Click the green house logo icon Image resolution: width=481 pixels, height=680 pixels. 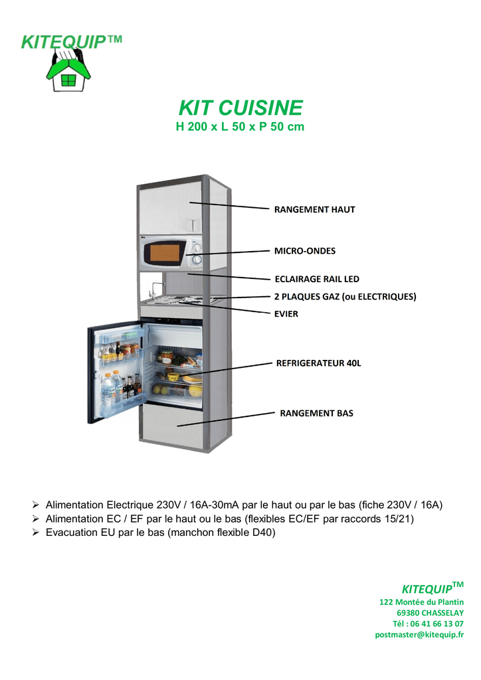(68, 70)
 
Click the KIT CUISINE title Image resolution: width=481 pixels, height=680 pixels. (241, 108)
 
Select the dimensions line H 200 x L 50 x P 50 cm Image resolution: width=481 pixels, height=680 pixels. (240, 127)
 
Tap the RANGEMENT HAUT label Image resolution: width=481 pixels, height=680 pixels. (314, 209)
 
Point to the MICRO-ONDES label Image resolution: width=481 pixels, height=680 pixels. (305, 250)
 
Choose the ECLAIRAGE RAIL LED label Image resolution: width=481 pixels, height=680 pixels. (317, 279)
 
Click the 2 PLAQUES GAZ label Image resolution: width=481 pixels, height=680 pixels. (308, 297)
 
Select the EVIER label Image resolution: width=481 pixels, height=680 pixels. (286, 314)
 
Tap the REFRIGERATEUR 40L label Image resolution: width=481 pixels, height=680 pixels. (318, 363)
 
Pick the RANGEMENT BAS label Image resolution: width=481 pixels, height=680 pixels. (317, 413)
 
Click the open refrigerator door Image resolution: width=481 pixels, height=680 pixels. (115, 371)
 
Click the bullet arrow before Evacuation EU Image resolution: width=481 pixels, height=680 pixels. (36, 532)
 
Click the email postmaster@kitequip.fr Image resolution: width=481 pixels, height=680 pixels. (419, 634)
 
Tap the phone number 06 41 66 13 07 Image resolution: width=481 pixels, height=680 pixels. (436, 624)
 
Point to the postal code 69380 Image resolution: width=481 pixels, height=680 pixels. (408, 613)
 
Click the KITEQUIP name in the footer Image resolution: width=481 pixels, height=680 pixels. (427, 589)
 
